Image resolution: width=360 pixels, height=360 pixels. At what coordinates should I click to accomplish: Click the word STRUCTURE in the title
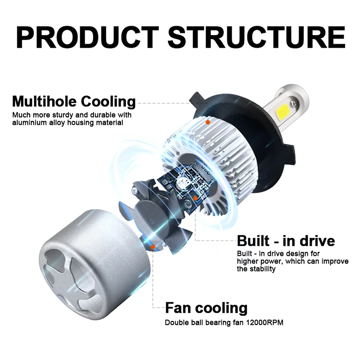click(256, 37)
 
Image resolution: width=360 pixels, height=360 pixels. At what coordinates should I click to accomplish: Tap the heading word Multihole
click(44, 102)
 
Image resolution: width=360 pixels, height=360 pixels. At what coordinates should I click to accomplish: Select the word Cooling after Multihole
click(108, 102)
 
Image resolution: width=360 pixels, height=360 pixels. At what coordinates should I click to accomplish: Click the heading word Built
click(253, 241)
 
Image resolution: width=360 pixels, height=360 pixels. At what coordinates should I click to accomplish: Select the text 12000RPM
click(265, 323)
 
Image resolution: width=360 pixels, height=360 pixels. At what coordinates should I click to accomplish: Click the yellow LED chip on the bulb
click(283, 110)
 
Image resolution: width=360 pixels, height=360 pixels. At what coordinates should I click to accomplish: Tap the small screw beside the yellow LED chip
click(293, 103)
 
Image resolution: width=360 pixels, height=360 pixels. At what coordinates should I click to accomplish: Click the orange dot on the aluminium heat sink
click(208, 122)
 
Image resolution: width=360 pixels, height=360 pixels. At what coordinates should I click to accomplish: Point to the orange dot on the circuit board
click(195, 198)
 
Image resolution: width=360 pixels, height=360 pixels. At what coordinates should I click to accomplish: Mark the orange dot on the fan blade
click(153, 247)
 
